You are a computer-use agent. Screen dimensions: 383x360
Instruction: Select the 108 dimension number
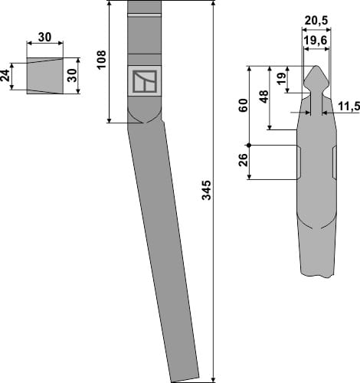(101, 59)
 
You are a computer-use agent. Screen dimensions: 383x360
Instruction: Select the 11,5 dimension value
(348, 106)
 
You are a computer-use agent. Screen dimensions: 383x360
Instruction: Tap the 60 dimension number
(243, 105)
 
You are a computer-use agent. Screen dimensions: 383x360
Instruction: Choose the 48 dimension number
(263, 98)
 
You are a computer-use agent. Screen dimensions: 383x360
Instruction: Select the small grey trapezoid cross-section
(44, 75)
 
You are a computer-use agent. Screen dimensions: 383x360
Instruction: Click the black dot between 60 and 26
(250, 145)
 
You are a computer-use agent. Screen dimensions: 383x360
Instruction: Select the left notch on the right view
(299, 161)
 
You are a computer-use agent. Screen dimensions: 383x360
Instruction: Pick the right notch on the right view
(334, 161)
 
